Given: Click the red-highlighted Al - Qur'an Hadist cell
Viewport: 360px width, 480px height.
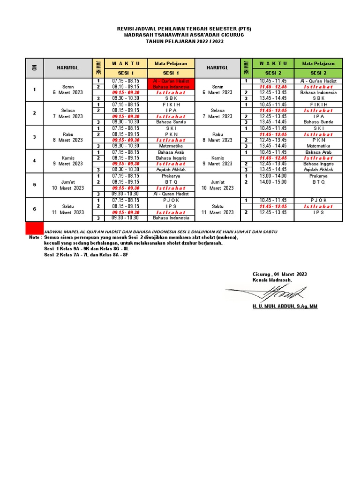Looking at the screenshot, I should point(171,81).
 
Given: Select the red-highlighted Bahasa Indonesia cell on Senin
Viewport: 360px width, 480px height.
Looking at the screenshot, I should point(171,87).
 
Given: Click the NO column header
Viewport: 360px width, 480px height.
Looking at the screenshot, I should point(34,68).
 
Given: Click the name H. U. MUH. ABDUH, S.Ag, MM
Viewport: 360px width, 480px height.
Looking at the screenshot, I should point(285,306).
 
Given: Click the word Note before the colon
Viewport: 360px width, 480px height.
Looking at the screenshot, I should point(34,237).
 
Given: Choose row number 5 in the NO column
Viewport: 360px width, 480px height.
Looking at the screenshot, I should point(34,185).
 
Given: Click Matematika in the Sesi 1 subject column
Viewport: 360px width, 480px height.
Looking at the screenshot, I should point(171,146).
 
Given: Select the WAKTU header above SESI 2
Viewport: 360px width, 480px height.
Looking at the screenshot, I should point(272,63).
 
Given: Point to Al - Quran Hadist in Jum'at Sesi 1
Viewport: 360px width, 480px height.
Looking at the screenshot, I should point(171,194).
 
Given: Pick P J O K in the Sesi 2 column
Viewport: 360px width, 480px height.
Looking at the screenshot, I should point(318,200).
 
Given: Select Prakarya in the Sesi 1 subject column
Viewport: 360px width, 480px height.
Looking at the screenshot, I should point(171,176).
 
